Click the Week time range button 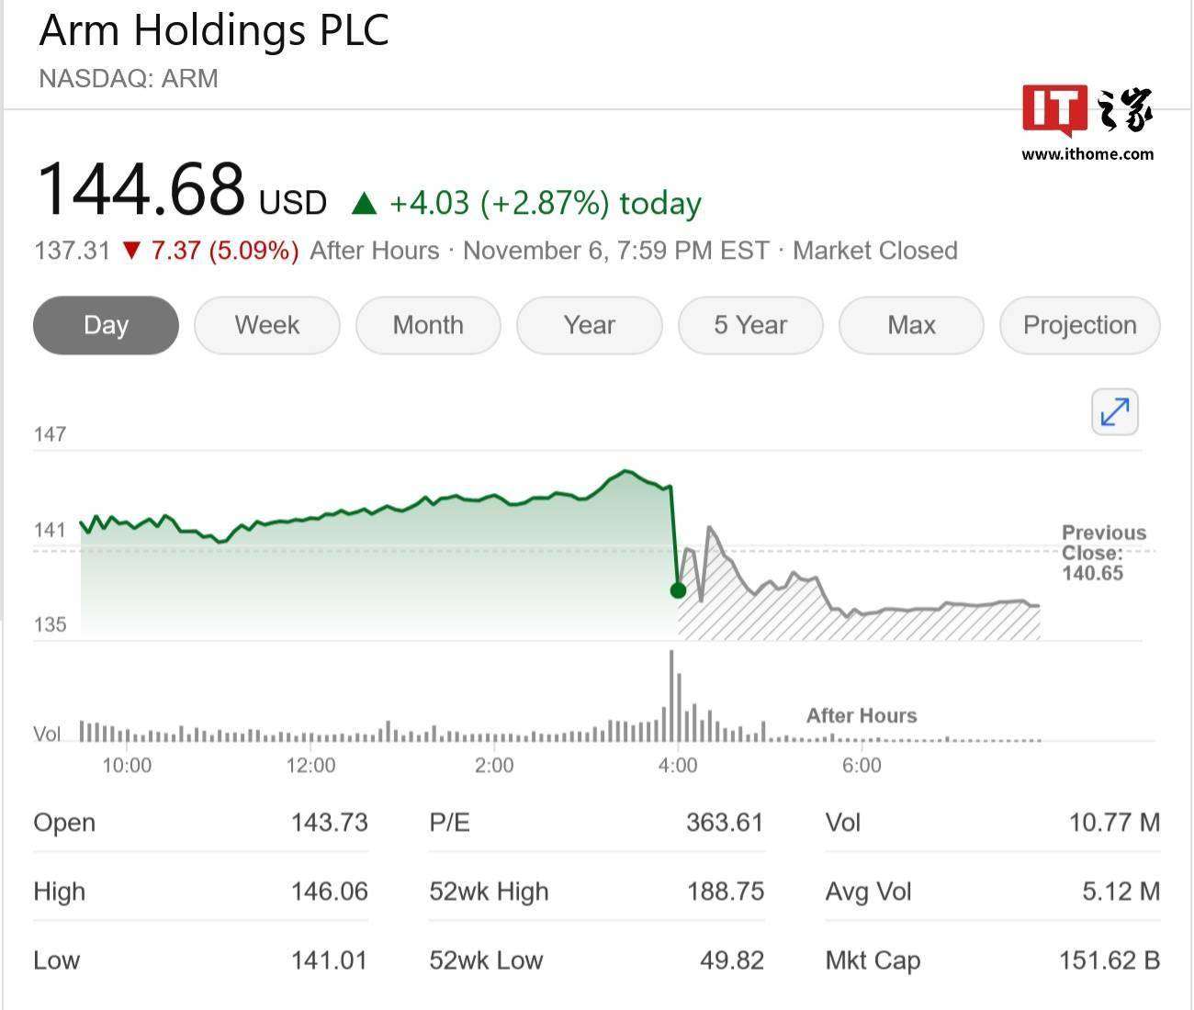click(x=266, y=325)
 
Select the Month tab click(x=428, y=325)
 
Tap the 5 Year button click(x=750, y=325)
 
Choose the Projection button click(x=1079, y=325)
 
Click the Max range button click(x=911, y=325)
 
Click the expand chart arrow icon click(x=1115, y=411)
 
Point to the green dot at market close click(x=678, y=590)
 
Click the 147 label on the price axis click(x=50, y=434)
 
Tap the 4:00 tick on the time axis click(x=678, y=766)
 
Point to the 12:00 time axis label click(x=310, y=766)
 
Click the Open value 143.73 click(x=329, y=823)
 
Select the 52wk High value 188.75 click(x=726, y=892)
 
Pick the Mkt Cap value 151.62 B click(x=1109, y=960)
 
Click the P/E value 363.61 click(x=725, y=823)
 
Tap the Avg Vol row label click(x=868, y=892)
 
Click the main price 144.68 click(x=141, y=189)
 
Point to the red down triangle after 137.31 click(x=131, y=251)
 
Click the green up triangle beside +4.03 click(x=365, y=204)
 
